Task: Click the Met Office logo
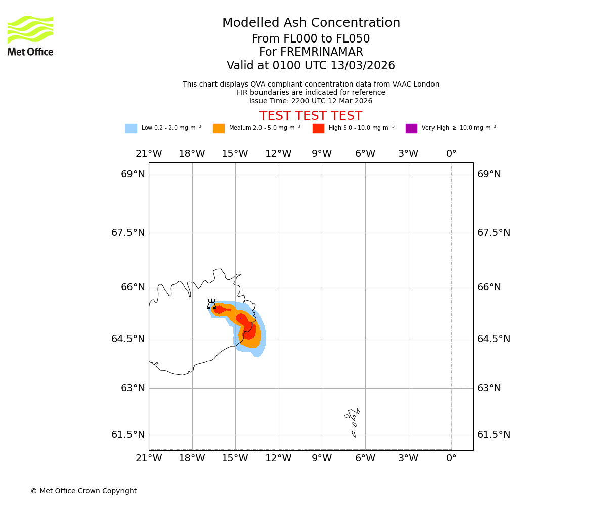coord(30,36)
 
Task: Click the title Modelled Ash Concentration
coord(311,23)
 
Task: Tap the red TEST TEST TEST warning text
coord(311,116)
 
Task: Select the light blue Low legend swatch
coord(131,129)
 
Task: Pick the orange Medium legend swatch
coord(219,129)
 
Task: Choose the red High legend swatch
coord(318,129)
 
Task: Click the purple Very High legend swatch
coord(411,129)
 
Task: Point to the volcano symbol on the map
coord(211,304)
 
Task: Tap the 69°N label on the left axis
coord(133,174)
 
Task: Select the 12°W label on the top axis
coord(278,154)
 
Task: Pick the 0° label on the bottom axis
coord(451,458)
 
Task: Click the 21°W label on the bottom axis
coord(149,458)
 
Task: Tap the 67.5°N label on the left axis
coord(128,233)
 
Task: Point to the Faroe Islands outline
coord(353,419)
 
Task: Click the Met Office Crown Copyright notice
coord(83,491)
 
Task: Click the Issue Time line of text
coord(311,101)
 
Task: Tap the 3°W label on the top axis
coord(408,154)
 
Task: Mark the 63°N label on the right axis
coord(488,388)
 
